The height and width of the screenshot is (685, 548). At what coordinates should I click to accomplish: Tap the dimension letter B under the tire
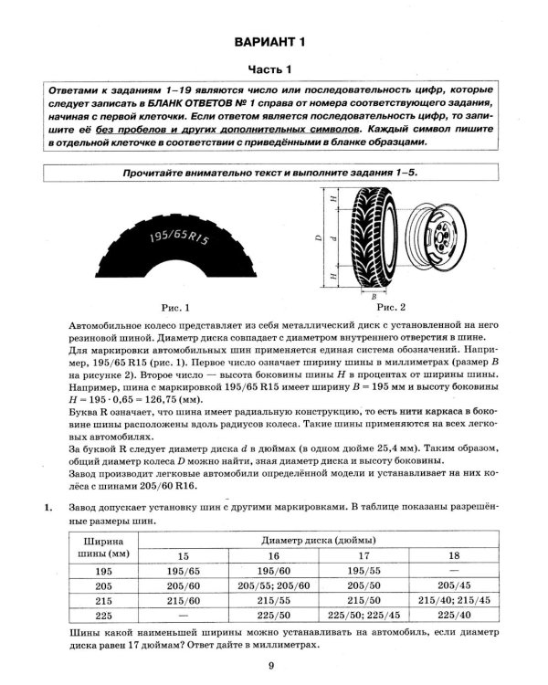click(374, 296)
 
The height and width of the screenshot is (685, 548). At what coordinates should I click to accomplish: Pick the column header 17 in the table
click(364, 555)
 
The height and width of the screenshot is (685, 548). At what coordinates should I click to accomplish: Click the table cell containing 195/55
click(364, 571)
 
